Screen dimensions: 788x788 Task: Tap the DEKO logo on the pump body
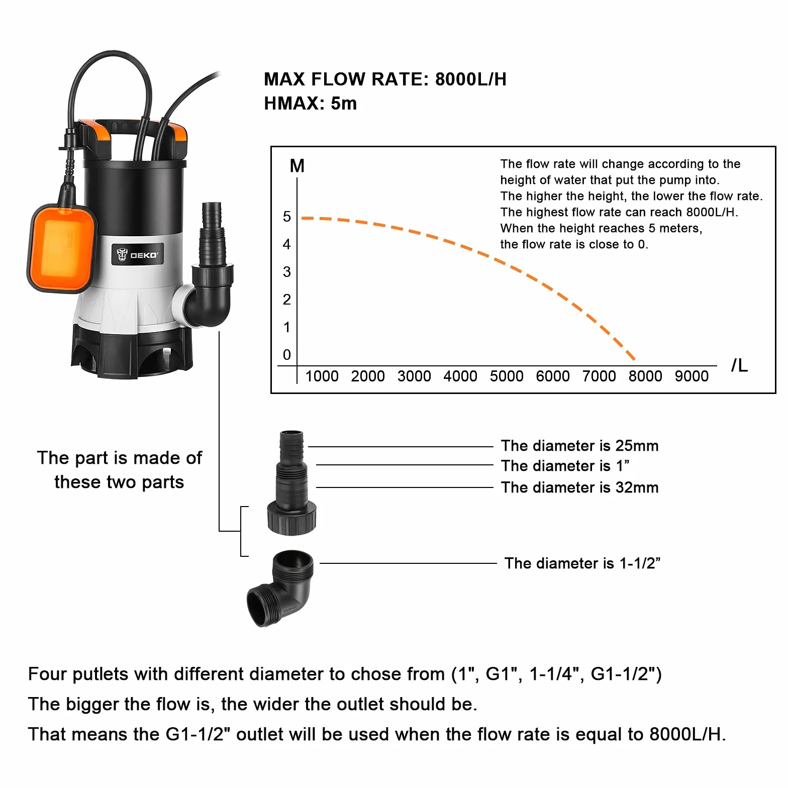(137, 255)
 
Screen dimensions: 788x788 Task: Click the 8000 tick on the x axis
(645, 376)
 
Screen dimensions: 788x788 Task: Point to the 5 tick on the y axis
(287, 217)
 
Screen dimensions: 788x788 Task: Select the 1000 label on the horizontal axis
(322, 376)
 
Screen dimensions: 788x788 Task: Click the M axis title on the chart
(297, 166)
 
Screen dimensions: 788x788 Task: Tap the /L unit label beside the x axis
(739, 365)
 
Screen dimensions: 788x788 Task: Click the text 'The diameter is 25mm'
(579, 446)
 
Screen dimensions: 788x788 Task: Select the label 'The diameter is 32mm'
(579, 487)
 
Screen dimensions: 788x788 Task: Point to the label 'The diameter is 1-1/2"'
(582, 563)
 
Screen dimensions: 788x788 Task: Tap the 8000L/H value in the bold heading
(471, 79)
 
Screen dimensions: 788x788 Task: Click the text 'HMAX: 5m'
(311, 104)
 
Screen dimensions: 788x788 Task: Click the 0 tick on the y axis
(287, 355)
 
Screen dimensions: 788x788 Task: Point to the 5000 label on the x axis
(507, 376)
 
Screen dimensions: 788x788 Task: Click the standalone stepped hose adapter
(291, 482)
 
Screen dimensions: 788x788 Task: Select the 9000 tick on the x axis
(692, 376)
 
